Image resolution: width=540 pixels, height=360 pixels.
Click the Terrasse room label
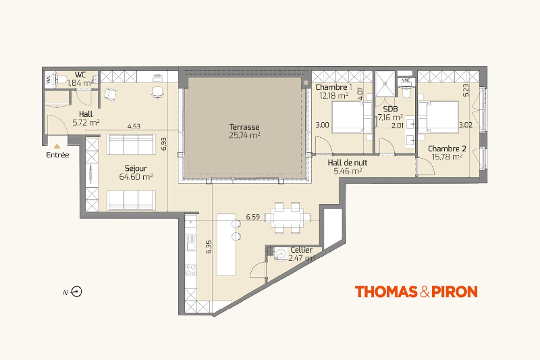(244, 127)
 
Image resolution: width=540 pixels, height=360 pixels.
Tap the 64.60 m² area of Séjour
(136, 177)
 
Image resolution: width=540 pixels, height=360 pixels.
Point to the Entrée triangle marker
(57, 147)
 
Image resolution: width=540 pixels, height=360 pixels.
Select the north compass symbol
(76, 292)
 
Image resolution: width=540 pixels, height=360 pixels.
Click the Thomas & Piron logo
(416, 292)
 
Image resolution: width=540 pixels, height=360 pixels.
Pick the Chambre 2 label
(447, 149)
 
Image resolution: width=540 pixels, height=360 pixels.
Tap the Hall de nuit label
(347, 163)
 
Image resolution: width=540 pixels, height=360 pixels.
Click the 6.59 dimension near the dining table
(252, 217)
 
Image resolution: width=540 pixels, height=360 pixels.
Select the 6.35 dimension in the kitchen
(209, 247)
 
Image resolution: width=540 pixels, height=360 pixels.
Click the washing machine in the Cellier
(281, 254)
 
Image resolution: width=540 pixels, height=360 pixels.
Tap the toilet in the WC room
(61, 80)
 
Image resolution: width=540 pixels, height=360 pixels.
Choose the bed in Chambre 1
(352, 117)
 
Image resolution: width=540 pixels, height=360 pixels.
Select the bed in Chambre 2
(438, 117)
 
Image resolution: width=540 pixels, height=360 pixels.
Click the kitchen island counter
(227, 245)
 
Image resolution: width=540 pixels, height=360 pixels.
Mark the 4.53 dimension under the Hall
(134, 126)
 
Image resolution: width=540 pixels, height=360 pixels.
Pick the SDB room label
(390, 109)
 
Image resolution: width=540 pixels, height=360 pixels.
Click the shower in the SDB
(385, 84)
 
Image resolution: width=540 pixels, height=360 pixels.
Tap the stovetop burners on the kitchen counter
(191, 270)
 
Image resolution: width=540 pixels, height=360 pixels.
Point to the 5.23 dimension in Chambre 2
(466, 91)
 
